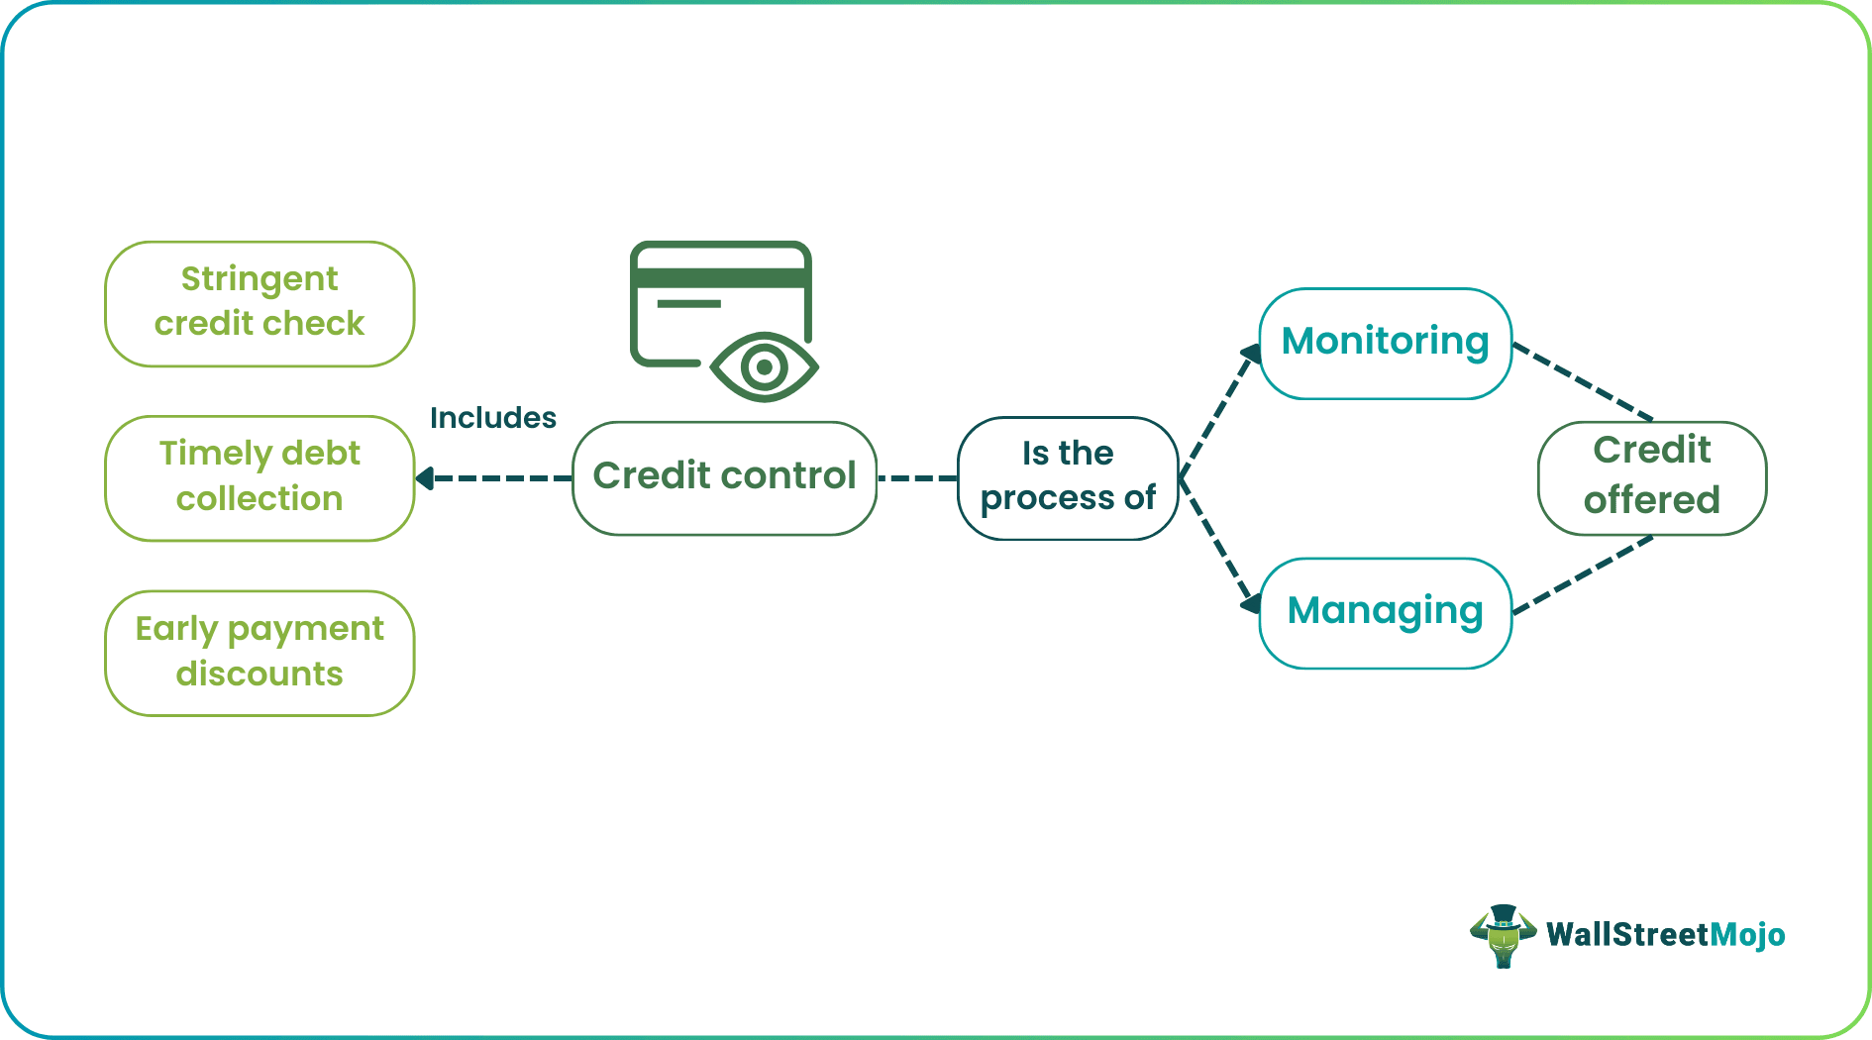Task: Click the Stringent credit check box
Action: (x=260, y=303)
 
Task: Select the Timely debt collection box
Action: (x=260, y=477)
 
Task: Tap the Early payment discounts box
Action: (x=260, y=653)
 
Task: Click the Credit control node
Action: (x=724, y=477)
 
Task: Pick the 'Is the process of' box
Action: (x=1068, y=477)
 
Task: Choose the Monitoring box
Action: (x=1385, y=343)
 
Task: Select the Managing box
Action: (x=1385, y=612)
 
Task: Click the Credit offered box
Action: (x=1651, y=476)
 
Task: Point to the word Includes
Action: (x=492, y=418)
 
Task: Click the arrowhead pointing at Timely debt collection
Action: (x=425, y=478)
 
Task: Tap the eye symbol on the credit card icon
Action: (x=764, y=367)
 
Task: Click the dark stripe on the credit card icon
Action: (x=720, y=278)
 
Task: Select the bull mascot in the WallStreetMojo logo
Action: (x=1503, y=935)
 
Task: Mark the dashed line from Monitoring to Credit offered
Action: (x=1583, y=381)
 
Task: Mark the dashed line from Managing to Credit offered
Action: (x=1583, y=574)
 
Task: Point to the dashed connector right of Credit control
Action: (x=917, y=478)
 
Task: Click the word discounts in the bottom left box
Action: (x=260, y=674)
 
